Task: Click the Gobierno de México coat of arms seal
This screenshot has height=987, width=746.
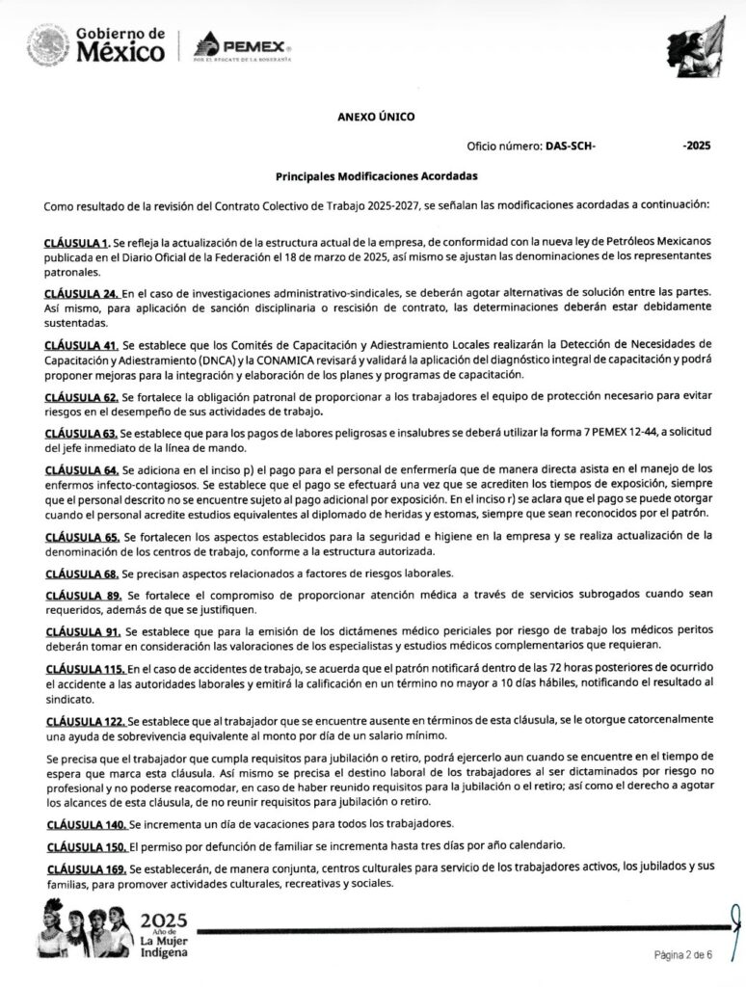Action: [x=47, y=45]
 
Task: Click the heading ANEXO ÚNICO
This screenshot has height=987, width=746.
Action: [x=376, y=117]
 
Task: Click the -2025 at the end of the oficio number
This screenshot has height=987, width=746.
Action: [x=695, y=147]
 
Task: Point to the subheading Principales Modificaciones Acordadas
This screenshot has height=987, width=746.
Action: [x=376, y=176]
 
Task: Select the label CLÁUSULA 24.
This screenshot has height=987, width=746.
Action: [x=82, y=292]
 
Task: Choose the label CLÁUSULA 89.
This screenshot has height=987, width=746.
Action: [x=83, y=595]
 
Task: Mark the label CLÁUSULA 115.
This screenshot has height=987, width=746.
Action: [x=85, y=668]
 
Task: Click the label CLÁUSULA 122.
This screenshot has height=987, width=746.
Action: [x=85, y=720]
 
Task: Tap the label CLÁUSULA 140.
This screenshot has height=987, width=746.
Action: [x=85, y=825]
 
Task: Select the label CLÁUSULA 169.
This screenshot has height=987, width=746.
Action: [x=85, y=867]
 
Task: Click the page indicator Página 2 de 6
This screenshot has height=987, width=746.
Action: [x=682, y=955]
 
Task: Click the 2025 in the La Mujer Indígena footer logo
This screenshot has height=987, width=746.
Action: [x=164, y=920]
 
